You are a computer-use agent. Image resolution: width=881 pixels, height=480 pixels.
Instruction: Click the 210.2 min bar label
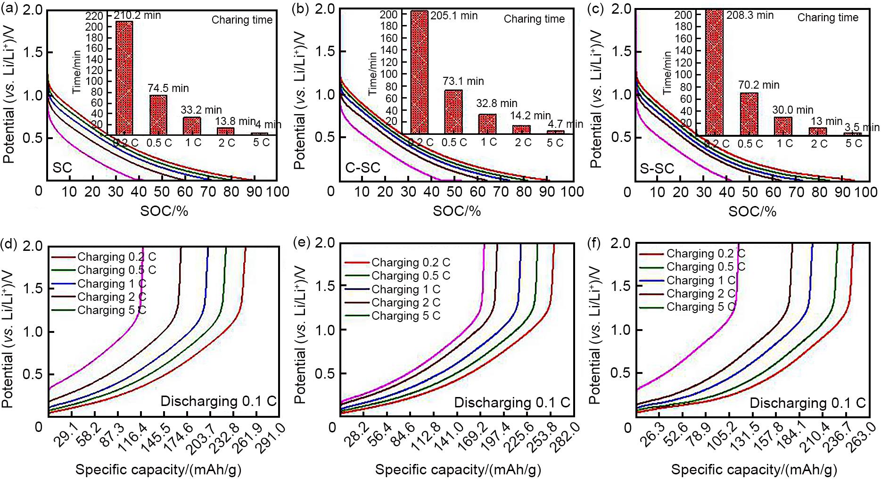point(137,16)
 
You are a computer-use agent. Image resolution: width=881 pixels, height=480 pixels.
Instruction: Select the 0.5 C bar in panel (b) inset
point(453,111)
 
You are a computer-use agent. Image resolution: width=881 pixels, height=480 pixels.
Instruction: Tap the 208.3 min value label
point(749,16)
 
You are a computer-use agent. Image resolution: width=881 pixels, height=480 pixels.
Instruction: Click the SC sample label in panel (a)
point(62,168)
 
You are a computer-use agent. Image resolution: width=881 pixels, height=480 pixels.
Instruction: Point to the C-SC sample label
point(362,168)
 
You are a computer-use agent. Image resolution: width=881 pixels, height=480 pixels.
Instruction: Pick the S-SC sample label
point(657,168)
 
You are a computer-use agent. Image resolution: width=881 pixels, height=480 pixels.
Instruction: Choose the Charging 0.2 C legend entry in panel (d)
point(116,257)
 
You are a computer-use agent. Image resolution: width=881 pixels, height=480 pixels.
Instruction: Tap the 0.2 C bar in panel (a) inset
point(124,78)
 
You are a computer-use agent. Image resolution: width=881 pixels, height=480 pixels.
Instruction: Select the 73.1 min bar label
point(463,81)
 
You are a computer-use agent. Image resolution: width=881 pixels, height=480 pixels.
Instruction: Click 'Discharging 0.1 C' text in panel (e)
point(512,403)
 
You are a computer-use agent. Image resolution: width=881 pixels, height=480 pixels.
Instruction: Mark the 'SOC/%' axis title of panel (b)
point(456,211)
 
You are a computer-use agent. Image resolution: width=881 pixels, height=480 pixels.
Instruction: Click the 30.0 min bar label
point(792,110)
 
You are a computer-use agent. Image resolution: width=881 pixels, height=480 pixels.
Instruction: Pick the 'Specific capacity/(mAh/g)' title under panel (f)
point(754,469)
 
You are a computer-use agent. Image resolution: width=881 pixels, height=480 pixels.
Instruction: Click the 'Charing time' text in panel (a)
point(242,20)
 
